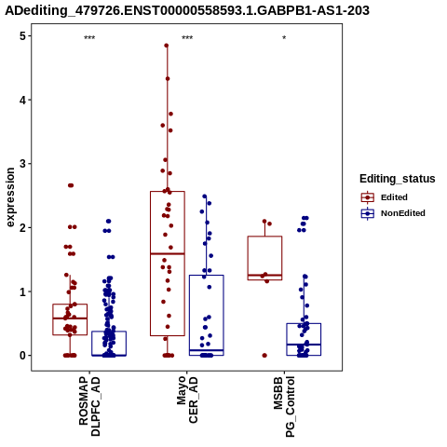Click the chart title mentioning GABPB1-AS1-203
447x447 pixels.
pyautogui.click(x=187, y=10)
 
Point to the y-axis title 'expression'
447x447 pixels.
pyautogui.click(x=10, y=197)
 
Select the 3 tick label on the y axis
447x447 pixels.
pyautogui.click(x=22, y=164)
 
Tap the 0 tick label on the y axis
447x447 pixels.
pyautogui.click(x=22, y=356)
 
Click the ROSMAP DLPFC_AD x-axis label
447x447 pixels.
pyautogui.click(x=89, y=406)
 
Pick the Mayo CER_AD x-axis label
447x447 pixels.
pyautogui.click(x=187, y=400)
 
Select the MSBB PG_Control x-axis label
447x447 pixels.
pyautogui.click(x=284, y=407)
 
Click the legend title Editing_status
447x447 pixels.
pyautogui.click(x=398, y=179)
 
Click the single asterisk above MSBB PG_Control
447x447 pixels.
pyautogui.click(x=284, y=38)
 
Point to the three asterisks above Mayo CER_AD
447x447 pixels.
pyautogui.click(x=187, y=38)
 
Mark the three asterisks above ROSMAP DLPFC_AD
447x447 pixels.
pyautogui.click(x=89, y=38)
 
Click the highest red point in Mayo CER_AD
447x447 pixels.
pyautogui.click(x=167, y=46)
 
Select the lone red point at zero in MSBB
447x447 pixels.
pyautogui.click(x=264, y=356)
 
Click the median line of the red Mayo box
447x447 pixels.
pyautogui.click(x=168, y=254)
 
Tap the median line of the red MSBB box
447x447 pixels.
pyautogui.click(x=264, y=276)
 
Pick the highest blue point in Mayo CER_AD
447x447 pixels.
pyautogui.click(x=205, y=196)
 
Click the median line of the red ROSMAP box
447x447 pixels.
pyautogui.click(x=70, y=318)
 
